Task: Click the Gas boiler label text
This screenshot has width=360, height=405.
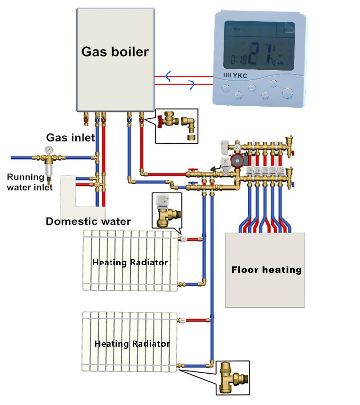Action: (x=115, y=52)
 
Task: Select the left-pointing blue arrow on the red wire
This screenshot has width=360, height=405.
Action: (x=167, y=76)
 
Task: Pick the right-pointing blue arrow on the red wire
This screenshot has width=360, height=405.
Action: (x=191, y=85)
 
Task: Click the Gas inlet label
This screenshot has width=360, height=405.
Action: (x=71, y=137)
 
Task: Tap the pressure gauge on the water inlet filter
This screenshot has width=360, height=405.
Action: (x=47, y=149)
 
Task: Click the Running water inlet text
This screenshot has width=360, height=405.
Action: (x=30, y=182)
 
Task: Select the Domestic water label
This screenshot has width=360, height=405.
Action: (x=88, y=221)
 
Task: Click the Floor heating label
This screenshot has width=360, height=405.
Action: (x=266, y=270)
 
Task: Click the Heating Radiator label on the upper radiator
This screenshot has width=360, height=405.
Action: (x=130, y=262)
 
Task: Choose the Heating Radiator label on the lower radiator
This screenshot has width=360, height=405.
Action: (x=132, y=343)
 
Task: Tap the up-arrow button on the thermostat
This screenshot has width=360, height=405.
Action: (x=253, y=87)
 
